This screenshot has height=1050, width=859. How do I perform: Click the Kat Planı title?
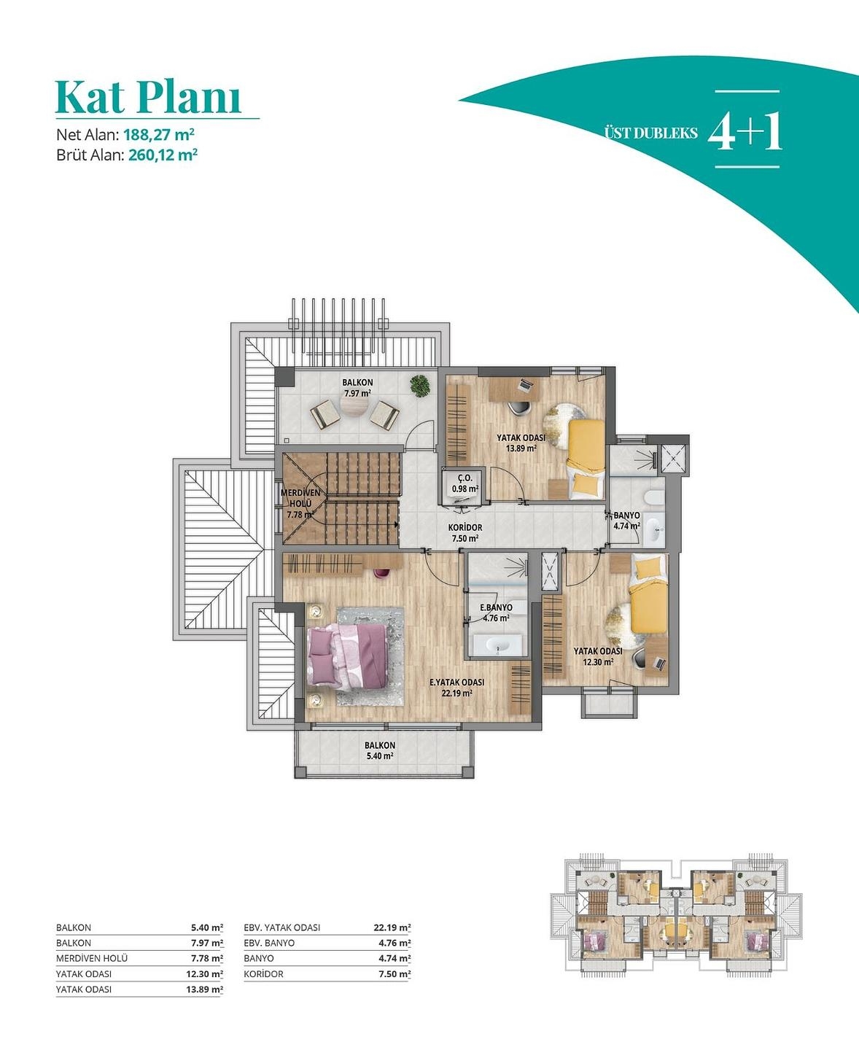coord(148,96)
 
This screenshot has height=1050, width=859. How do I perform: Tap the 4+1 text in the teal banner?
coord(745,132)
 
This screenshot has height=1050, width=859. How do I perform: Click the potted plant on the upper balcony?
coord(421,386)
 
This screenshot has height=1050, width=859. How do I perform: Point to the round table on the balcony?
coord(354,409)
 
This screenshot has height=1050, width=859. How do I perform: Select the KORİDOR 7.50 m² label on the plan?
coord(465,533)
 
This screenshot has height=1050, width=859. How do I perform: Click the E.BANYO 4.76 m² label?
coord(496,613)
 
